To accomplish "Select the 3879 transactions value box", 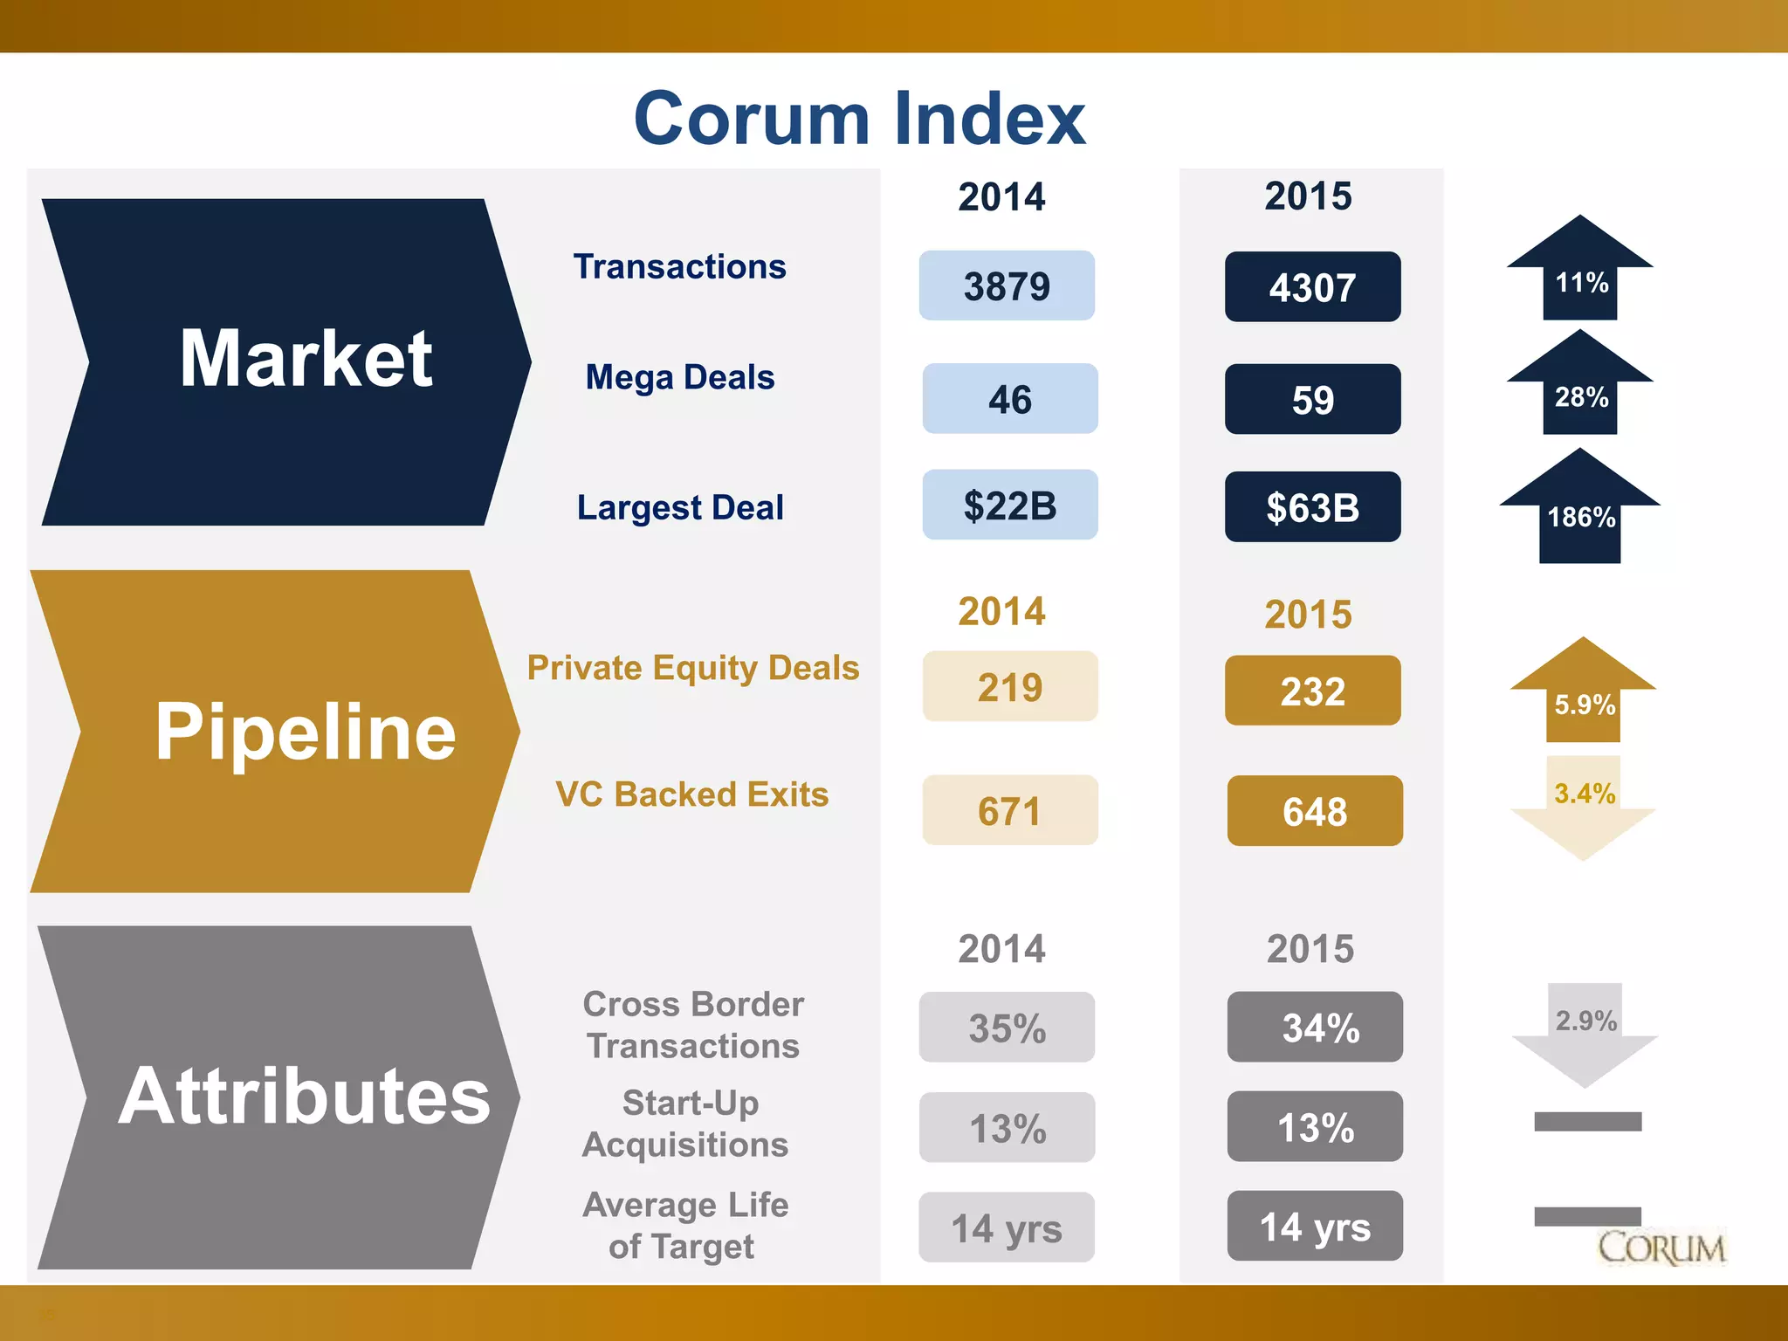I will [1007, 286].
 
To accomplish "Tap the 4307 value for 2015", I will [1312, 287].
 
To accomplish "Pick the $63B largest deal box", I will [1312, 507].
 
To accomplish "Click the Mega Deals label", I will [680, 377].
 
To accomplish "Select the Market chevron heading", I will [305, 359].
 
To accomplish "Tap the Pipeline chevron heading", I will [305, 732].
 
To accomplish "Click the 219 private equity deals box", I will [1009, 687].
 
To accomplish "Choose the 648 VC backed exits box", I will [1314, 811].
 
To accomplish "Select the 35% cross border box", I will [1007, 1028].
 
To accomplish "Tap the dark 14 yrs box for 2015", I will [1314, 1227].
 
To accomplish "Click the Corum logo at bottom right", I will [1661, 1248].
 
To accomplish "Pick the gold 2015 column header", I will [1308, 615].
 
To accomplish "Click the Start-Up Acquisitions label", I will [687, 1124].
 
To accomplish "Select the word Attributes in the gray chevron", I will [305, 1097].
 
